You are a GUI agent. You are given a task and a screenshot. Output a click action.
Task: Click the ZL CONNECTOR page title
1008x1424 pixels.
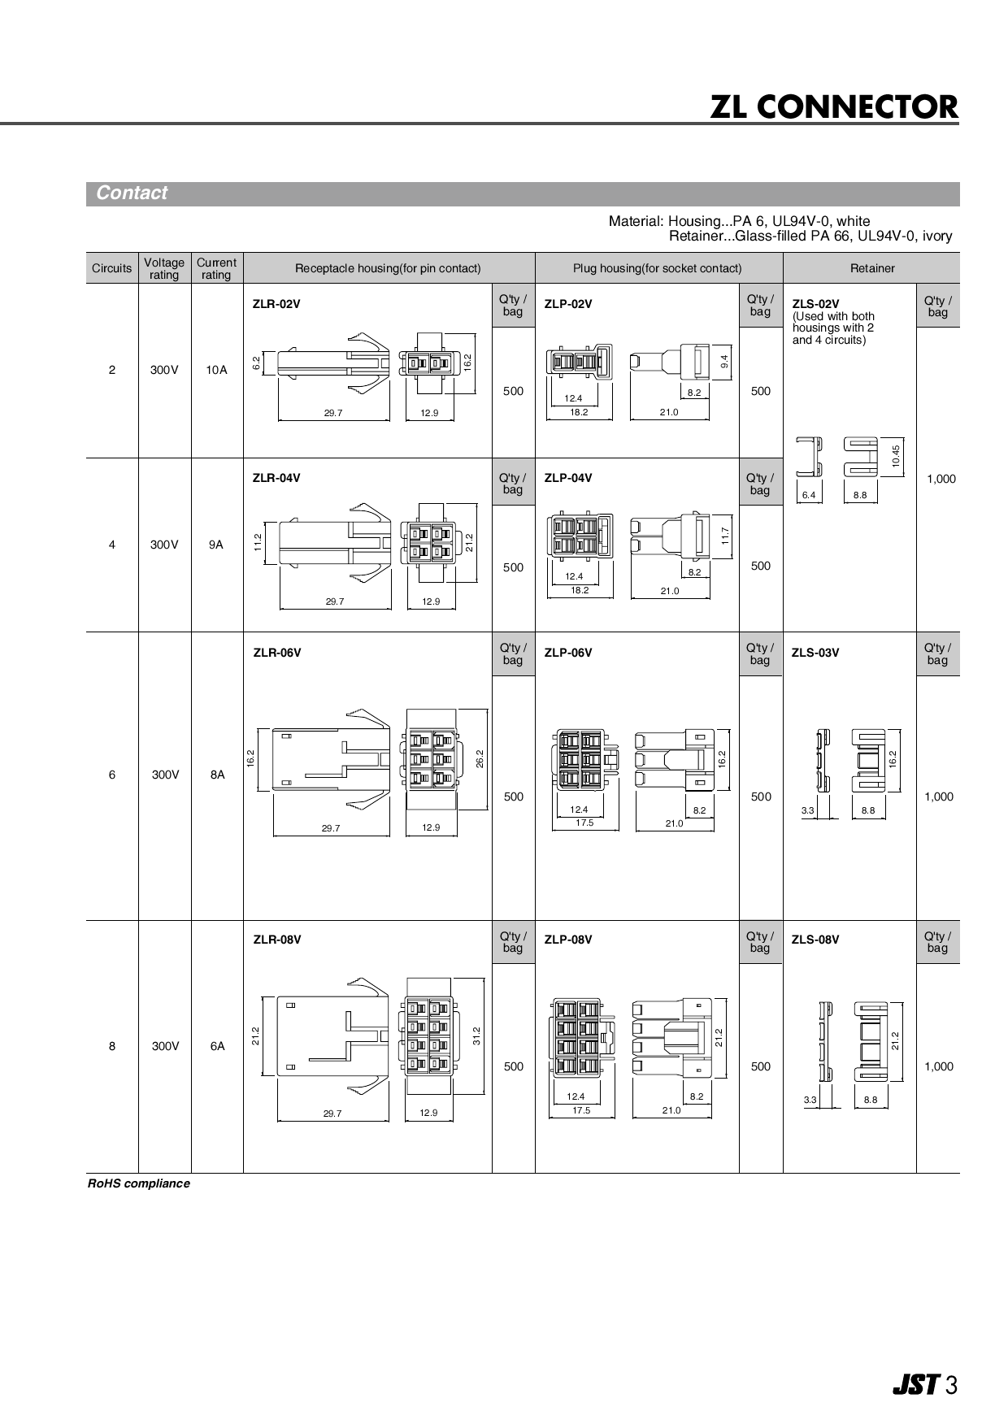point(834,106)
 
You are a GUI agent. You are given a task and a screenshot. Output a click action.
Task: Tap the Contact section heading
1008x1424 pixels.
point(131,193)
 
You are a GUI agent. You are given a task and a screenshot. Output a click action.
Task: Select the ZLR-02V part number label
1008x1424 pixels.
point(276,304)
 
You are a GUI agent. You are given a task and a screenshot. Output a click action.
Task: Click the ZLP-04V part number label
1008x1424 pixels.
point(568,478)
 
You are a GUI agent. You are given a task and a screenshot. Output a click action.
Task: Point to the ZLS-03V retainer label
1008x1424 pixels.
point(815,653)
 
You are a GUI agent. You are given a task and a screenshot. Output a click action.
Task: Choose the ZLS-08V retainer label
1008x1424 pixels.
point(815,940)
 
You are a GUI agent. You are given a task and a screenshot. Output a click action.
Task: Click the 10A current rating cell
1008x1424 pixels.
point(216,370)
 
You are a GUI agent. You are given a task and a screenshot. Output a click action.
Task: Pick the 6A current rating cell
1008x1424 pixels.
point(217,1046)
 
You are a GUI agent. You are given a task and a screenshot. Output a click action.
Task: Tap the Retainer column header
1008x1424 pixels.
point(871,268)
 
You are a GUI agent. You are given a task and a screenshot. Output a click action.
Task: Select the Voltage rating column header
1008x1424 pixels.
point(164,268)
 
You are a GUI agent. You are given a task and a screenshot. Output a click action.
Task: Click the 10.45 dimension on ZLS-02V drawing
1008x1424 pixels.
point(896,456)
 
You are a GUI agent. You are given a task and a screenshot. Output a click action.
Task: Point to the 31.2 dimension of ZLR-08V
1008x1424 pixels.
point(477,1035)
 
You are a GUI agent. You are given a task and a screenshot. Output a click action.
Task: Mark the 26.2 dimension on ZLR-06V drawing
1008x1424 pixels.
point(480,758)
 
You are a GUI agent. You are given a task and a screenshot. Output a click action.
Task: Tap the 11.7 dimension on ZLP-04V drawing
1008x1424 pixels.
point(725,536)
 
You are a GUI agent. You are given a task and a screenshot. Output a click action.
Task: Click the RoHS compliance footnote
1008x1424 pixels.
point(139,1183)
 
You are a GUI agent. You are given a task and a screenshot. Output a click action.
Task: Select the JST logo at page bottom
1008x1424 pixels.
point(915,1384)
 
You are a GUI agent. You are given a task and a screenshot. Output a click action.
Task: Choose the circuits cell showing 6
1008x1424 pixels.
point(112,775)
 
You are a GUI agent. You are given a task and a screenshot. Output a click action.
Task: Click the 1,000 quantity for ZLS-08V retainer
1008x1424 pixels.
point(938,1066)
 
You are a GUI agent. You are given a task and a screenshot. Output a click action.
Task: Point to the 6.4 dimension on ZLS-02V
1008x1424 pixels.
point(809,495)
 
